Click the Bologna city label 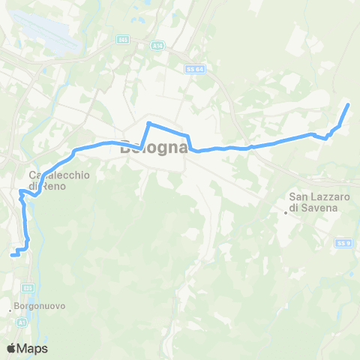tap(154, 148)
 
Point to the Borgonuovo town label tap(37, 307)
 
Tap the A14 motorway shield tap(136, 45)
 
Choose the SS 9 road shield tap(343, 243)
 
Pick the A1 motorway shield tap(21, 322)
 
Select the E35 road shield tap(27, 287)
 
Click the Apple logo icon tap(12, 348)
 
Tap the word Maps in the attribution tap(33, 348)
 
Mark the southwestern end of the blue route tap(11, 256)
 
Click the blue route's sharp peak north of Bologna tap(149, 122)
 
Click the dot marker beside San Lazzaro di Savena tap(286, 211)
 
